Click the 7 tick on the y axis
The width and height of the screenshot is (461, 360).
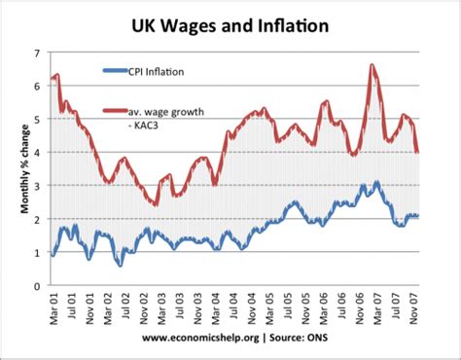point(38,53)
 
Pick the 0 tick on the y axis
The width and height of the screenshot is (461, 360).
point(38,286)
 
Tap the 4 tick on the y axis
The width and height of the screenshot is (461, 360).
point(38,153)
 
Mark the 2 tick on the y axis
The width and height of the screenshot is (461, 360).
point(38,220)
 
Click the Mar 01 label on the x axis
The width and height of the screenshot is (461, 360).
point(53,307)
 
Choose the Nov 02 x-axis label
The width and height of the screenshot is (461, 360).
point(145,307)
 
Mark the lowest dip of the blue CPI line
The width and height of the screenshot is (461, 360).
point(120,265)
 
